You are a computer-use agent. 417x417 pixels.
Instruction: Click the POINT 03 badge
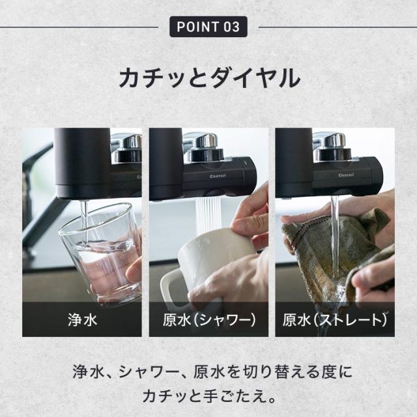[x=208, y=27]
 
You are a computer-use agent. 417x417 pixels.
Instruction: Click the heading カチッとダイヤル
[x=208, y=78]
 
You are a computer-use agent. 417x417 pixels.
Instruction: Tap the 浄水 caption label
[x=82, y=320]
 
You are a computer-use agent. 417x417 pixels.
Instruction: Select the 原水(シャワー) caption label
[x=208, y=320]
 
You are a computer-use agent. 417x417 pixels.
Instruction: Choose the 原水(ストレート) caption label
[x=335, y=320]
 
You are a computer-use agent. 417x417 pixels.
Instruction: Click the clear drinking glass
[x=98, y=251]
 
